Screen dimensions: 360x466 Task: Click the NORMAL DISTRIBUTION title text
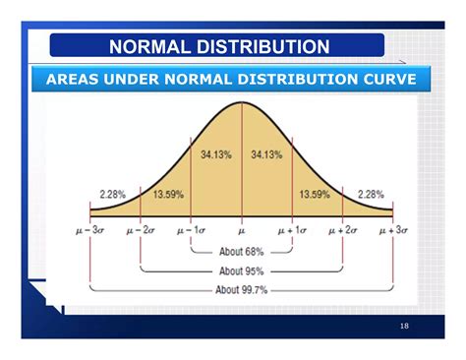click(218, 46)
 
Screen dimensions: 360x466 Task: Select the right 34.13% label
click(267, 154)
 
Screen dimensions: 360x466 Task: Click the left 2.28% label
click(113, 195)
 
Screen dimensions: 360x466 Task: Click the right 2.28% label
click(371, 195)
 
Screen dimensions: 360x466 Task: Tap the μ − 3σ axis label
click(89, 230)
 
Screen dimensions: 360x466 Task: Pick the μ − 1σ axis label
click(192, 230)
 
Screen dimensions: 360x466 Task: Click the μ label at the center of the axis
click(242, 230)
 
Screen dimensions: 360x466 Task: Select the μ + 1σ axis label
click(293, 230)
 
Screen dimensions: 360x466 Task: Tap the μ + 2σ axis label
click(343, 230)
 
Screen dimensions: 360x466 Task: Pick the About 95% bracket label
click(242, 270)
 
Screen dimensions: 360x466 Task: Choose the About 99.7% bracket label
click(242, 290)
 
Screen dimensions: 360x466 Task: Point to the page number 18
click(404, 326)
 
